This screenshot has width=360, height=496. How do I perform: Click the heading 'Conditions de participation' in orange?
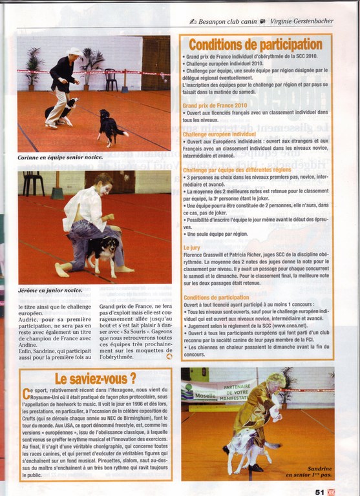[255, 45]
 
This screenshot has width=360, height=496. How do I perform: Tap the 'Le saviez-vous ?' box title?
[95, 378]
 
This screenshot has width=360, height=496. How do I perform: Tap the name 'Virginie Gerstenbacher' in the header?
[301, 21]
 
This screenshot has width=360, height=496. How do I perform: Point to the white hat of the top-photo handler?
[75, 51]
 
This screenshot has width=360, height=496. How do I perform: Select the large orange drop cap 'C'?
[26, 393]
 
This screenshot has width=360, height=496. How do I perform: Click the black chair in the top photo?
[111, 79]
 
